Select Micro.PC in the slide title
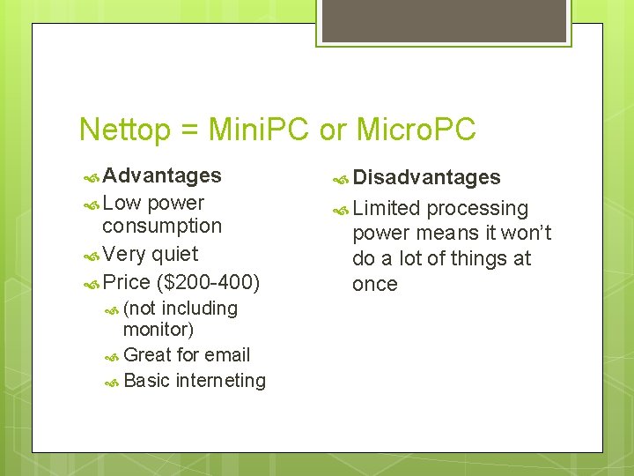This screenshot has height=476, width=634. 415,130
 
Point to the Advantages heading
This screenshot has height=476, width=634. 162,175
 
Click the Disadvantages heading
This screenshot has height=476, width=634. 426,177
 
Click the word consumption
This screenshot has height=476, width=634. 162,226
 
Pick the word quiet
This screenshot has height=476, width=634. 174,255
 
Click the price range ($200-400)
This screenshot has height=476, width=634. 207,283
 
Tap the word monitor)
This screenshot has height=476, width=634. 158,330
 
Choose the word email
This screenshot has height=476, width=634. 227,355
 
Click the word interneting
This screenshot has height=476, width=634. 221,381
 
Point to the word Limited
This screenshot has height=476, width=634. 387,209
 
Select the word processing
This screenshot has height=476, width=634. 477,209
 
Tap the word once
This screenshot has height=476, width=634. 375,285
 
